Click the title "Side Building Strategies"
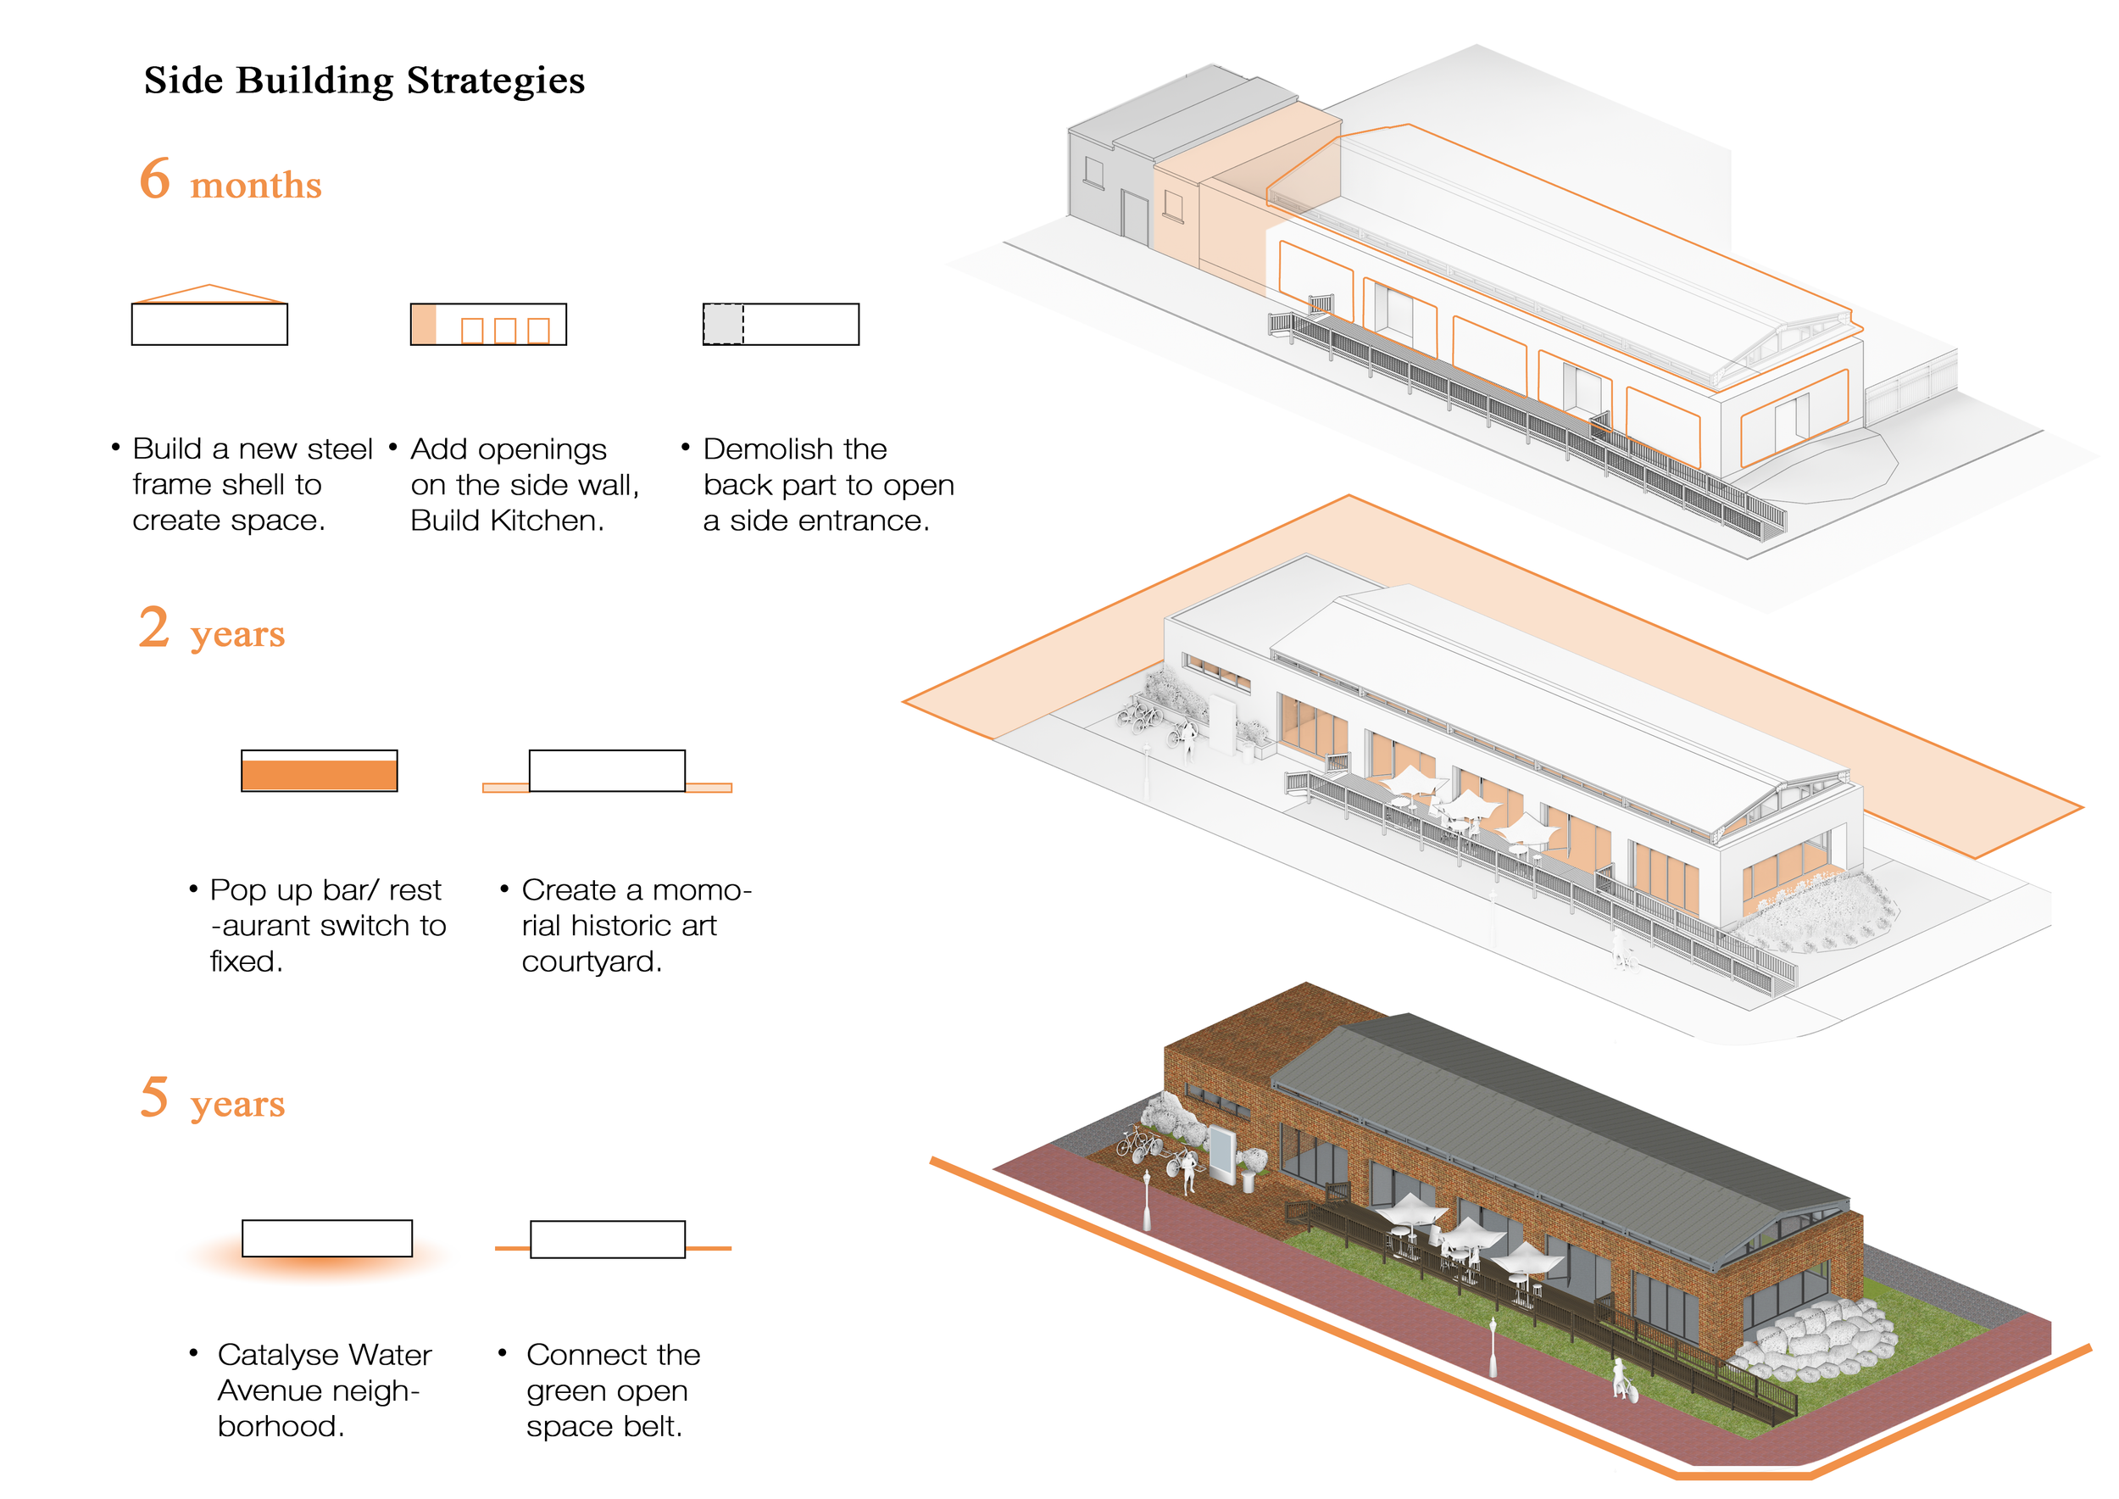364,81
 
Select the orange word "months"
256,186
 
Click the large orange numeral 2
154,627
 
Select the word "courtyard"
591,962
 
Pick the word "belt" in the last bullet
653,1427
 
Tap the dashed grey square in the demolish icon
723,325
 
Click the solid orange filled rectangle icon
320,775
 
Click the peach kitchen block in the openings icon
424,325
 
